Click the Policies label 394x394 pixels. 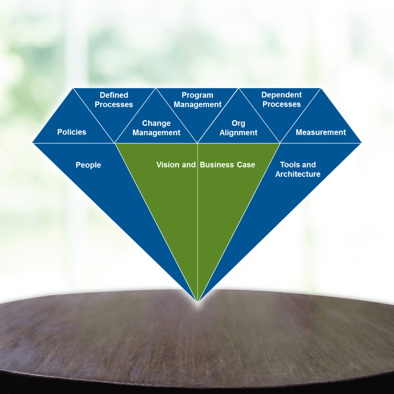[72, 132]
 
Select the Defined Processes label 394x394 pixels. [114, 100]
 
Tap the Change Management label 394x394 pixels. [156, 128]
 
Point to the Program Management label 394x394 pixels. [197, 100]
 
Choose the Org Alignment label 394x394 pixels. [239, 128]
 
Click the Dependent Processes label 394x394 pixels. [282, 100]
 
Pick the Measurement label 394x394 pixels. [321, 132]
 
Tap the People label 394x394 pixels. [88, 165]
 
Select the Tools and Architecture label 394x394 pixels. [298, 169]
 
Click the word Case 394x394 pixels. [245, 165]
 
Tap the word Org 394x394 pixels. [239, 123]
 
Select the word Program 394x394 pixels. [197, 95]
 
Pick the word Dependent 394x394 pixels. [282, 95]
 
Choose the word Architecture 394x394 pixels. [298, 174]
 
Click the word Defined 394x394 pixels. [114, 95]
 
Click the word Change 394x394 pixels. [156, 123]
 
